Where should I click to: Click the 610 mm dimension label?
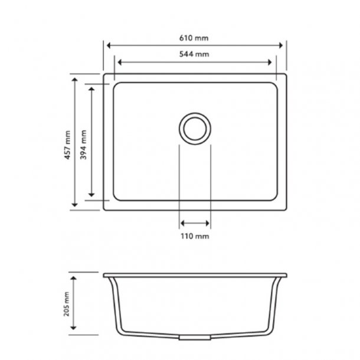coord(195,38)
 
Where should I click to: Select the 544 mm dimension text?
coord(195,54)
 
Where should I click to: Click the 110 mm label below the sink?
coord(195,236)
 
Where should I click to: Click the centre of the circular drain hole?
coord(194,127)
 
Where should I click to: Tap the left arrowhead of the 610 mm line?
coord(108,45)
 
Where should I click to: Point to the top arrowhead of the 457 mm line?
coord(75,79)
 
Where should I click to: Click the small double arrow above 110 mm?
coord(195,223)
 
